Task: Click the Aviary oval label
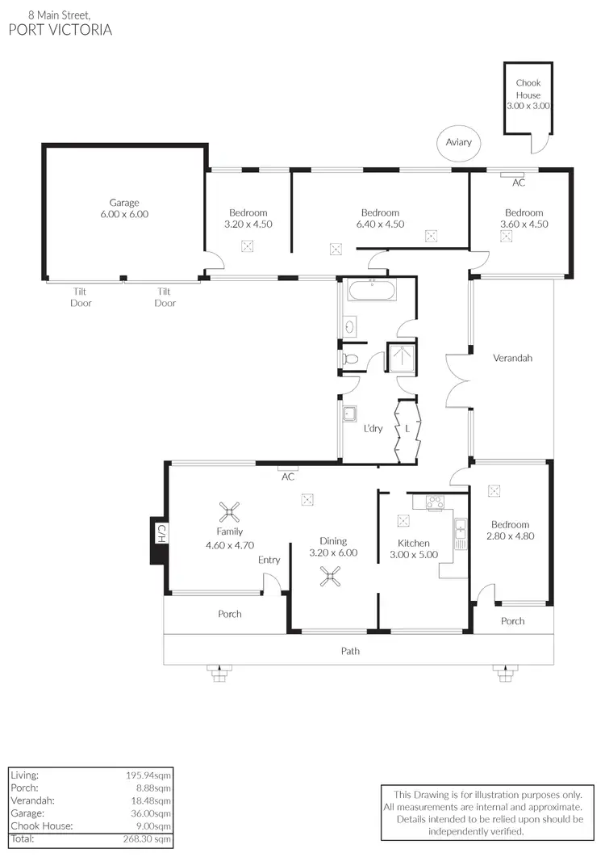click(458, 143)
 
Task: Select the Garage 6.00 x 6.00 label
click(124, 208)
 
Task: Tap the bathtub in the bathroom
click(372, 290)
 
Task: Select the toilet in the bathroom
click(351, 358)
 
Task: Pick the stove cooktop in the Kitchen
click(435, 502)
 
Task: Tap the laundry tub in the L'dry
click(350, 414)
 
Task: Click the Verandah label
click(512, 358)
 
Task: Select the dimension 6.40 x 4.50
click(380, 225)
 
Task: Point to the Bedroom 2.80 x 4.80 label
click(510, 530)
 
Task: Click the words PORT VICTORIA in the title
click(60, 31)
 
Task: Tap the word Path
click(350, 650)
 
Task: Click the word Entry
click(269, 560)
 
